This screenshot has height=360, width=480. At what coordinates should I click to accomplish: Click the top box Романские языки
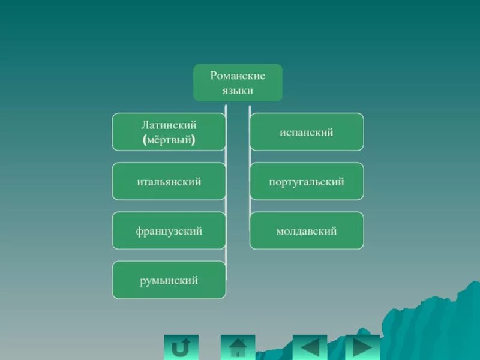coord(238,82)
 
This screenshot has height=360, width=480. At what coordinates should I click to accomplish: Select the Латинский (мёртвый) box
coord(169,132)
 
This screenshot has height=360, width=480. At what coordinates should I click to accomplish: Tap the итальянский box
coord(169,181)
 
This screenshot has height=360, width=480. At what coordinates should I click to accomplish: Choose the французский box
coord(169,230)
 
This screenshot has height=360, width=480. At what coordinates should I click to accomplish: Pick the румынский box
coord(169,280)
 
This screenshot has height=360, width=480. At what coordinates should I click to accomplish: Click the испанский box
coord(307,132)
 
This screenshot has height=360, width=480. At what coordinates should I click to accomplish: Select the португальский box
coord(307,181)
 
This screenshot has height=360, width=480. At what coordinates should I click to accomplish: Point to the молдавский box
coord(307,230)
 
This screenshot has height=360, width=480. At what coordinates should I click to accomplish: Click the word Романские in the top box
coord(238,76)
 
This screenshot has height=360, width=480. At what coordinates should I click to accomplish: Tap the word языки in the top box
coord(238,91)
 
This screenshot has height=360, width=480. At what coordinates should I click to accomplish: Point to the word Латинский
coord(169,125)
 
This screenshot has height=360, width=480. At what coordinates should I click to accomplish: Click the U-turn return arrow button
coord(181,347)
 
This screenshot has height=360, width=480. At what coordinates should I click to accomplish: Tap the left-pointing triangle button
coord(310,347)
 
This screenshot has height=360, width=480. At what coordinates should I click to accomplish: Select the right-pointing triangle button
coord(362,347)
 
